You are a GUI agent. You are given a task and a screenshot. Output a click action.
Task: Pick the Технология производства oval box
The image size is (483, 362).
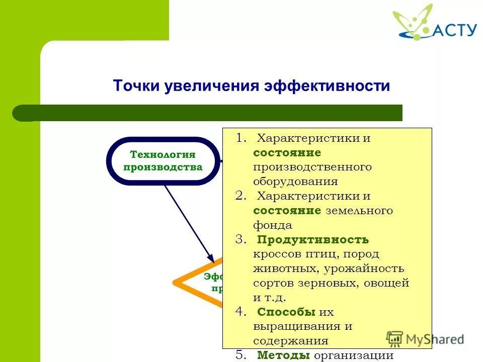point(163,161)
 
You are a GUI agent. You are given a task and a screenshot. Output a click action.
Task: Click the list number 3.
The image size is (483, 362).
point(240,240)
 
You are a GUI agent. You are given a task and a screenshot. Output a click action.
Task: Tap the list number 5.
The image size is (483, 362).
point(240,355)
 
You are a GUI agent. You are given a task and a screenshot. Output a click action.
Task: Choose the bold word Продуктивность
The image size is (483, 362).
point(313,240)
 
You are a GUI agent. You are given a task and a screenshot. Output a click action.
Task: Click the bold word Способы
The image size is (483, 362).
point(286,312)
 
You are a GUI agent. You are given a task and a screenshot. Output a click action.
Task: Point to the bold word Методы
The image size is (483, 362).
point(283,355)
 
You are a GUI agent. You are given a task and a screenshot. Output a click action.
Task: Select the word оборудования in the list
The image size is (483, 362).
point(295,182)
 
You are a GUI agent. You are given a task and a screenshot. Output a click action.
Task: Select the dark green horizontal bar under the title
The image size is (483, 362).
point(211,113)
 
